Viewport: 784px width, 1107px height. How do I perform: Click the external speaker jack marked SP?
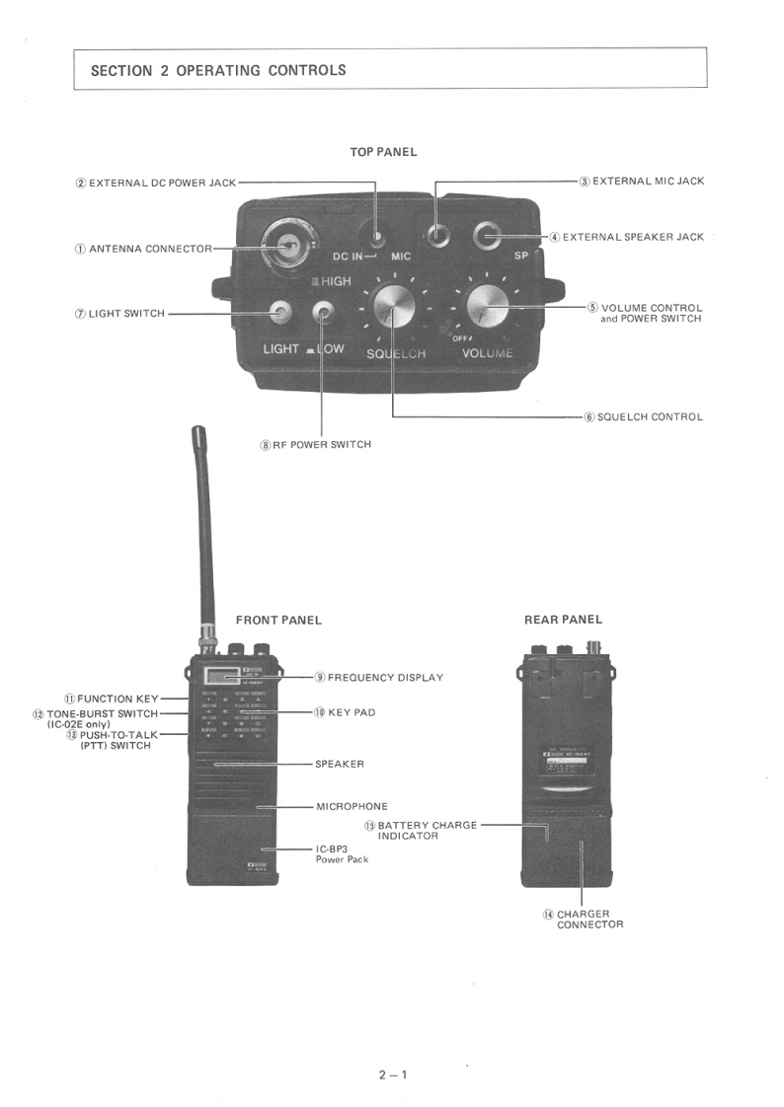(488, 236)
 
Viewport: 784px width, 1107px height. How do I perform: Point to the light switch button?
(281, 314)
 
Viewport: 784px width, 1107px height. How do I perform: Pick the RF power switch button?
(323, 314)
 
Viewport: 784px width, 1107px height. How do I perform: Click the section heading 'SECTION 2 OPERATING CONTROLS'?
(218, 70)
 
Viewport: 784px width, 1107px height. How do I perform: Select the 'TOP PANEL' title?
(383, 152)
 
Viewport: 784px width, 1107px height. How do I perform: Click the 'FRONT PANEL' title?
(278, 620)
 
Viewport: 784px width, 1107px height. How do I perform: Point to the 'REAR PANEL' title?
(563, 620)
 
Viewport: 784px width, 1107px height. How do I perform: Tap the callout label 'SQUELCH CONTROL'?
(650, 416)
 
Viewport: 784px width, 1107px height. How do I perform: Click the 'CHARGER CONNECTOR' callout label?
(589, 920)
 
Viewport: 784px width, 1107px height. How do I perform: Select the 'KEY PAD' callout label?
(351, 711)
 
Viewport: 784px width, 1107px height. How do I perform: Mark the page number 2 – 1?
(392, 1074)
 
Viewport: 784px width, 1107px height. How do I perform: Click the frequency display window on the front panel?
(221, 676)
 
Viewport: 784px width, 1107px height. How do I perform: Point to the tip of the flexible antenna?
(198, 433)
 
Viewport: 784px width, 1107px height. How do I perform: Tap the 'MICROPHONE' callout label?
(352, 806)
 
